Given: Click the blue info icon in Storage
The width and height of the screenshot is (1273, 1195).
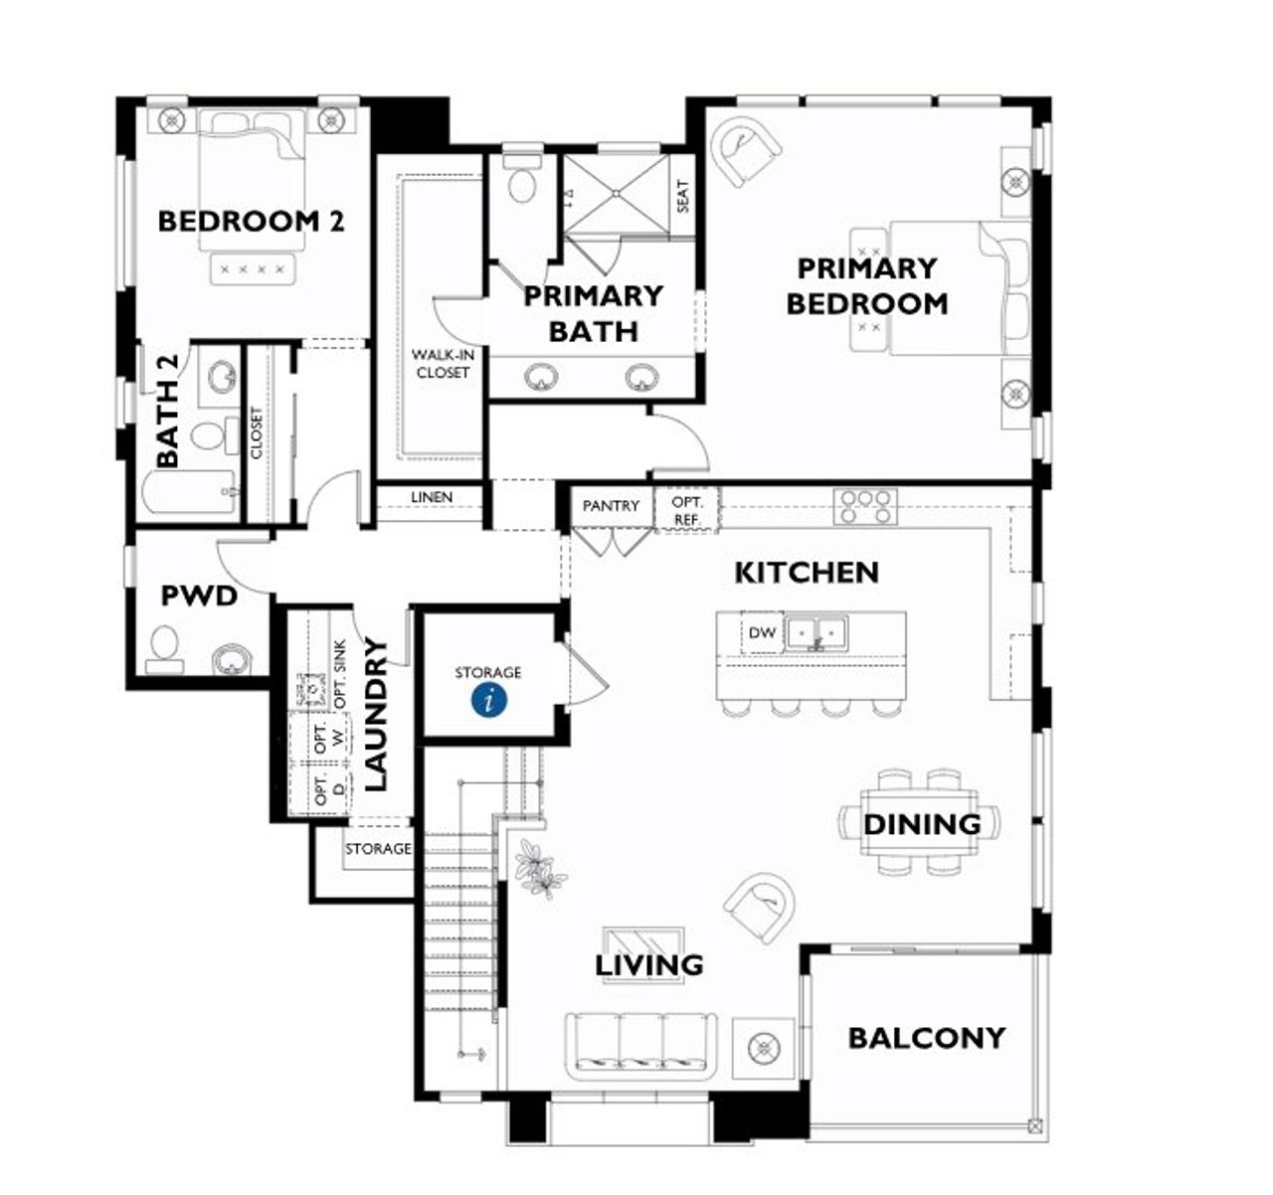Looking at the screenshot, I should [488, 699].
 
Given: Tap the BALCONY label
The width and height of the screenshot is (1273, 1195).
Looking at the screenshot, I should [926, 1038].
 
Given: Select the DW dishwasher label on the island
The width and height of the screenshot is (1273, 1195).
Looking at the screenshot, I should [762, 633].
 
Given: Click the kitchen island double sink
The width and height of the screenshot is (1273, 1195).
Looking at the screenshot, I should [816, 632].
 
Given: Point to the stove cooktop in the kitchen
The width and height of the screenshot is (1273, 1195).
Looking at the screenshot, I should [865, 506].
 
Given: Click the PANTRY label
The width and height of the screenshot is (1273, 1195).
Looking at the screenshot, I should [611, 506].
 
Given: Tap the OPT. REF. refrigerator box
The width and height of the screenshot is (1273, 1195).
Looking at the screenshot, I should [686, 511].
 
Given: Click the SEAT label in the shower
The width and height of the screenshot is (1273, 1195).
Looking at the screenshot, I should [682, 196].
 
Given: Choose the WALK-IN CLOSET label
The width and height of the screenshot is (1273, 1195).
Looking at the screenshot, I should [443, 364].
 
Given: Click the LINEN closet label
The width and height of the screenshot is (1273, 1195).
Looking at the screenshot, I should [431, 497].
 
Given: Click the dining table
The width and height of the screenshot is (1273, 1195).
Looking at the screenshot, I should [920, 823].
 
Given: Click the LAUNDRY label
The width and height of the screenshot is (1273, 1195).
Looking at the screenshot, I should [375, 714].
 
